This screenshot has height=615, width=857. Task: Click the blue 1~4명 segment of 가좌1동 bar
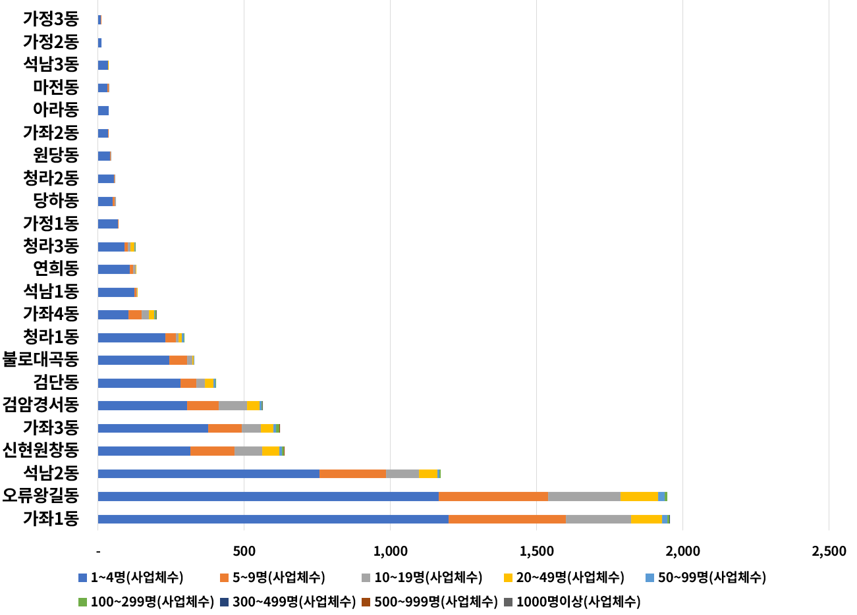(273, 519)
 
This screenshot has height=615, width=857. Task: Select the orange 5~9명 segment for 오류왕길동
(493, 496)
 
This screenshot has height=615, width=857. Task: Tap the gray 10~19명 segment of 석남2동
(402, 473)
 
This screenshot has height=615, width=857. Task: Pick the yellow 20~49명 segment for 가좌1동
(646, 519)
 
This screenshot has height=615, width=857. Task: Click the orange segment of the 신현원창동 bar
(212, 451)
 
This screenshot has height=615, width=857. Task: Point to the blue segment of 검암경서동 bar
(142, 406)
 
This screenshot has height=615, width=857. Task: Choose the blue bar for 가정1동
(108, 224)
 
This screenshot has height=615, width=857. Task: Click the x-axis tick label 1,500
(536, 551)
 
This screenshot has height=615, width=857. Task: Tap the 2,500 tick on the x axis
(829, 551)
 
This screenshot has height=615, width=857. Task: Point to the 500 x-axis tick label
(244, 551)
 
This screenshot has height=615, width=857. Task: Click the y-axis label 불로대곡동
(41, 360)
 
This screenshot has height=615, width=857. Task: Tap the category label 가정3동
(51, 19)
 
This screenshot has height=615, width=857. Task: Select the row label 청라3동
(51, 246)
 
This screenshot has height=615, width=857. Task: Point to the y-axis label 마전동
(56, 87)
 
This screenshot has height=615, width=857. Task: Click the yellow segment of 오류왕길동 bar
(638, 496)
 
